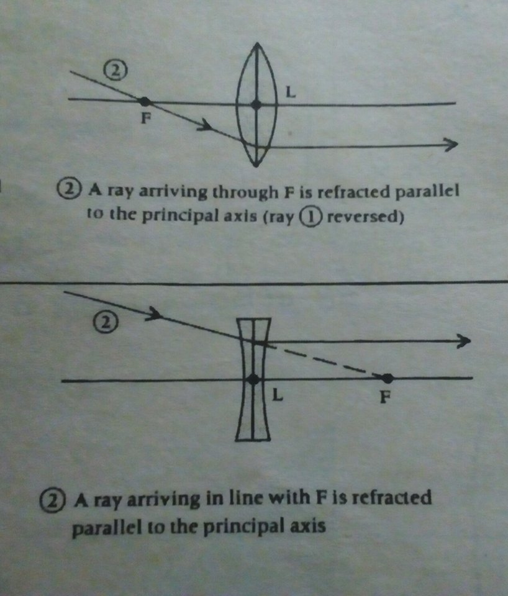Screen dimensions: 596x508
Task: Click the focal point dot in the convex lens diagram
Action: tap(144, 101)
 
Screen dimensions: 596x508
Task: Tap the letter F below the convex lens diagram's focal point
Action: tap(145, 118)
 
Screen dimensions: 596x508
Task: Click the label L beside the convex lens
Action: tap(290, 93)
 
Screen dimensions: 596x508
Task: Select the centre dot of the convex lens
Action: tap(256, 105)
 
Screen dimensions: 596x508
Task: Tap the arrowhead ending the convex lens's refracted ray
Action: tap(451, 145)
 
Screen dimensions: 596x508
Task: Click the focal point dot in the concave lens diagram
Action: tap(387, 378)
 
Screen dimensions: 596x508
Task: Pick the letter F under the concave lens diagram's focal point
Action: tap(385, 397)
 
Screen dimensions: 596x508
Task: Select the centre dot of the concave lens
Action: tap(253, 379)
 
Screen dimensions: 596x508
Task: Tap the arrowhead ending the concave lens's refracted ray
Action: tap(463, 341)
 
